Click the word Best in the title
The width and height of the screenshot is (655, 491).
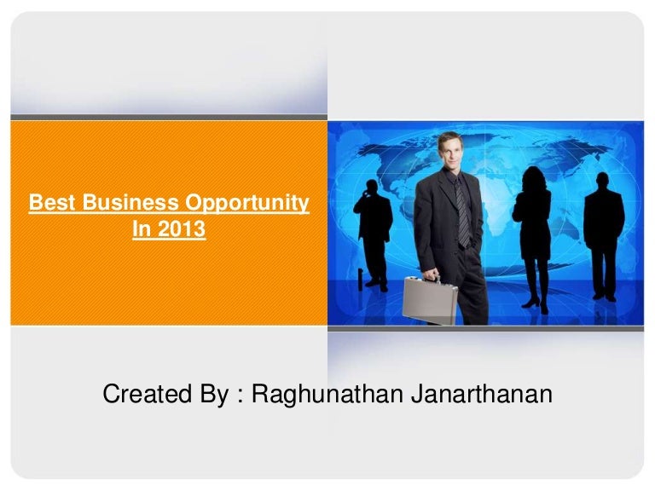[49, 203]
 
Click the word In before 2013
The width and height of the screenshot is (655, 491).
[142, 228]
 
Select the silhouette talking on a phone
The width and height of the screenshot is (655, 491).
[374, 222]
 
